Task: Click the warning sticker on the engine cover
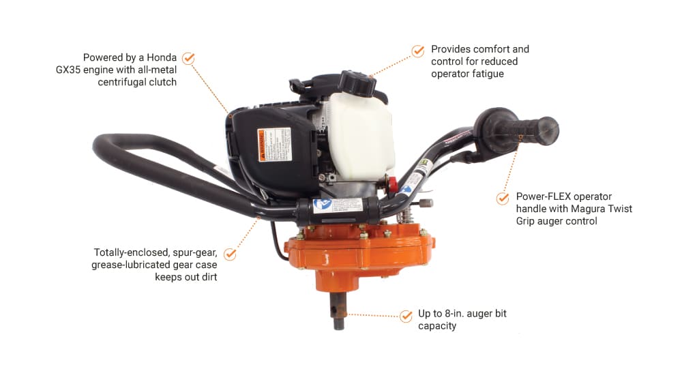(x=274, y=145)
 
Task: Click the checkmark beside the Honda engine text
(x=189, y=58)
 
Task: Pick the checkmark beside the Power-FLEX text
(x=503, y=199)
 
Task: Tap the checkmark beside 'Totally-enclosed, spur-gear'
(x=230, y=254)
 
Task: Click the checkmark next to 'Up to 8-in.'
(x=406, y=316)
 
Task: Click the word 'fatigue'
(x=488, y=74)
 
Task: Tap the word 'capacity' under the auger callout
(x=437, y=326)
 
